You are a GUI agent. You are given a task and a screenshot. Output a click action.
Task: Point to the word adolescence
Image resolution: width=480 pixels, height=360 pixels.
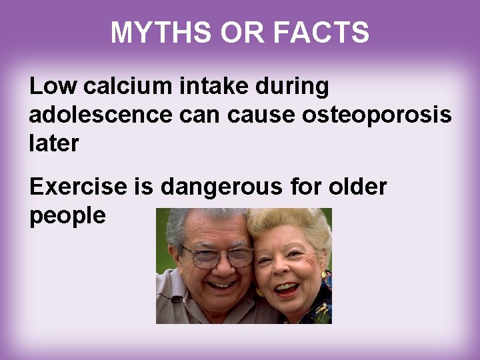pyautogui.click(x=100, y=115)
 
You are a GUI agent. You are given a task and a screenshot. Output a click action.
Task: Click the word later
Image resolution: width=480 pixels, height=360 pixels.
pyautogui.click(x=54, y=143)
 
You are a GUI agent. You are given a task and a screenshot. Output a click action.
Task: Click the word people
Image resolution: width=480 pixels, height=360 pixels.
pyautogui.click(x=67, y=216)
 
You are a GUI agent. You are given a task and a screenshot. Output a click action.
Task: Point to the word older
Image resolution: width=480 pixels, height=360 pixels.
pyautogui.click(x=357, y=187)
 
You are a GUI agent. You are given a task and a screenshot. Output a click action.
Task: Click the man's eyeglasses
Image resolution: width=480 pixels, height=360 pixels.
pyautogui.click(x=218, y=255)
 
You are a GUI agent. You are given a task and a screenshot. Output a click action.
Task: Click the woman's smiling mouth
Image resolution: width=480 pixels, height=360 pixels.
pyautogui.click(x=286, y=289)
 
